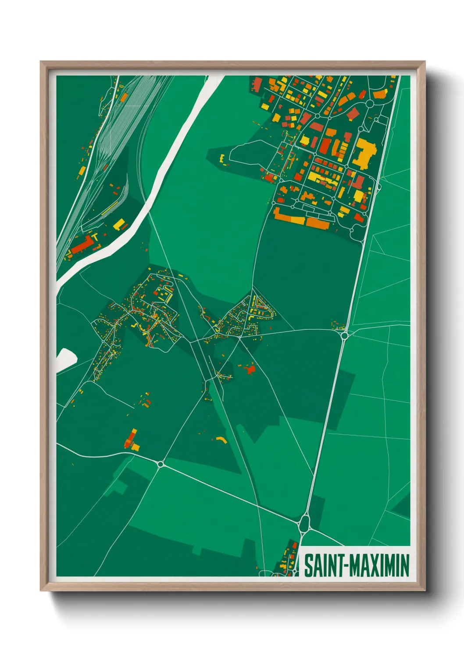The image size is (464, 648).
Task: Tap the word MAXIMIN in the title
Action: coord(381,566)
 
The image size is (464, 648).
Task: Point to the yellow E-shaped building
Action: coord(222,158)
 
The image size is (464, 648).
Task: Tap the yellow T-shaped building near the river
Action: coord(94,237)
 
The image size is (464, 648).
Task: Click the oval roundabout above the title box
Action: coord(305,522)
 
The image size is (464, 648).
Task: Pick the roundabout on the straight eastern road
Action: coord(344,336)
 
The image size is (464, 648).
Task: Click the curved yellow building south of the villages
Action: coord(221,439)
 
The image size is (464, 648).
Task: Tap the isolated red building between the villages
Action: coord(250,370)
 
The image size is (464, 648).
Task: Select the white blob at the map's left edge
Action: coord(65,358)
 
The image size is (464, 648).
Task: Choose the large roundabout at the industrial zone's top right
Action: coord(369,103)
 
